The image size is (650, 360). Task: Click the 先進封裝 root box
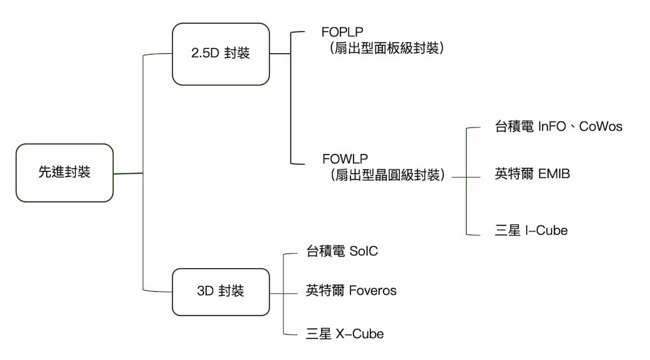[x=64, y=173]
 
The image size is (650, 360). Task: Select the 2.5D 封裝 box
[x=220, y=54]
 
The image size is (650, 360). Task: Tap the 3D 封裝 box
[x=220, y=291]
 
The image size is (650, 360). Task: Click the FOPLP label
[x=342, y=32]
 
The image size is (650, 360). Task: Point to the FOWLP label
[x=344, y=159]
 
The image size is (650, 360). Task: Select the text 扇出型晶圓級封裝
[x=387, y=175]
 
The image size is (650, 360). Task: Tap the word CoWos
[x=600, y=127]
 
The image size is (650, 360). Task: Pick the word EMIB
[x=554, y=174]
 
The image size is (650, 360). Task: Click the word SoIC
[x=363, y=251]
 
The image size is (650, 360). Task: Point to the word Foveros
[x=372, y=290]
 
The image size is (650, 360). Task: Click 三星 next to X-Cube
[x=318, y=334]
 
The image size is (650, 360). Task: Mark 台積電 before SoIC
[x=325, y=251]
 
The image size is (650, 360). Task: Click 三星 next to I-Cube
[x=508, y=230]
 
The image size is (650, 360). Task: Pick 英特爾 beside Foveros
[x=325, y=290]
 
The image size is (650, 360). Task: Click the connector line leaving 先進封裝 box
[x=128, y=174]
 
